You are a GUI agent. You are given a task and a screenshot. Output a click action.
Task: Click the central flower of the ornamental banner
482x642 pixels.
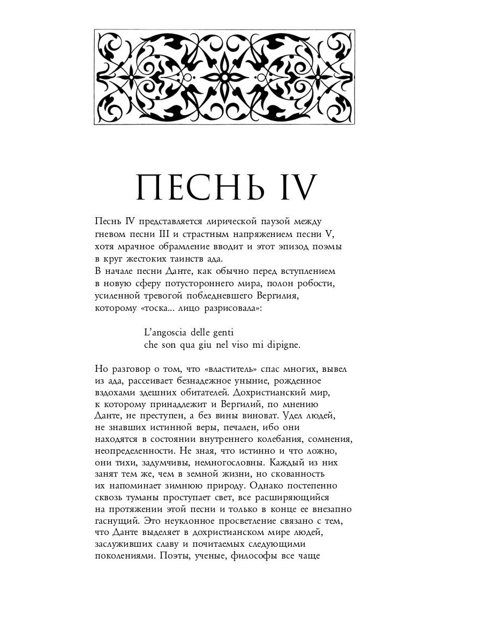(x=224, y=78)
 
